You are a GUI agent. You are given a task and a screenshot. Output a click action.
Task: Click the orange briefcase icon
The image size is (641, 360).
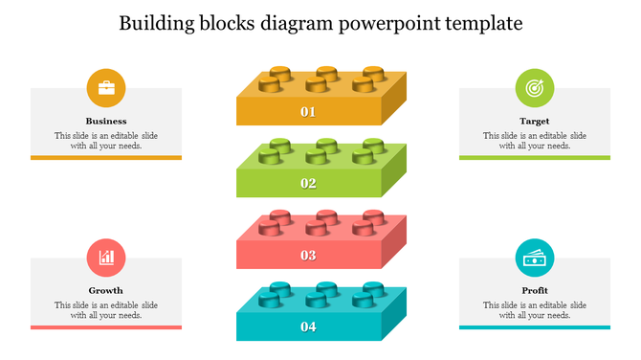coord(106,88)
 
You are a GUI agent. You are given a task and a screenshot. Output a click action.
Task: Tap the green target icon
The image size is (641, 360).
coord(535,88)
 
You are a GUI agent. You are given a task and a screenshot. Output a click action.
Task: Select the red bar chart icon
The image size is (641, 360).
coord(106,257)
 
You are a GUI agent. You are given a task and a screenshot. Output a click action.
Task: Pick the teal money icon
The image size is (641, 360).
coord(535,257)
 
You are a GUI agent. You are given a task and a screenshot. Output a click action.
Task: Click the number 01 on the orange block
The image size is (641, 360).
coord(308,112)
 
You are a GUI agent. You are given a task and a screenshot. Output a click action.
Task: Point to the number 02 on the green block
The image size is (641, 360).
coord(308,183)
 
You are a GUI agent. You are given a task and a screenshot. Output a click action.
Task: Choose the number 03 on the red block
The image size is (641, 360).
coord(308,256)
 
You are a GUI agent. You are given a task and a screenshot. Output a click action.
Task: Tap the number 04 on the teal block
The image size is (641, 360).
coord(308,327)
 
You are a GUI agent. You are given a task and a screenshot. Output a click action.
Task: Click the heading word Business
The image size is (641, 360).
coord(106,122)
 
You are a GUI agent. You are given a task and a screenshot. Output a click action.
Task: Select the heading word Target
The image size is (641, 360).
coord(535,122)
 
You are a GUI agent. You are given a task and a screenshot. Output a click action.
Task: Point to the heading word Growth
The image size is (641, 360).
coord(106,290)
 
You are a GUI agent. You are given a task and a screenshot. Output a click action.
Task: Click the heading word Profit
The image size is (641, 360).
coord(535,290)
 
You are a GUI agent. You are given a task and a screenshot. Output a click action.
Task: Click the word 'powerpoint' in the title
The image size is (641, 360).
coord(388,24)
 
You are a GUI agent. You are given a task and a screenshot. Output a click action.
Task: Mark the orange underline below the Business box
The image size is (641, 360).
coord(106,157)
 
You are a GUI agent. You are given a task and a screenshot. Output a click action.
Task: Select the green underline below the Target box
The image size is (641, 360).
coord(535,157)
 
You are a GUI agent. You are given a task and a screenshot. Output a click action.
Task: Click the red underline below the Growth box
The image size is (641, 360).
coord(106,326)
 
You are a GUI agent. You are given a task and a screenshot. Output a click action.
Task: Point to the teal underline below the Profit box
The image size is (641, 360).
coord(535,326)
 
